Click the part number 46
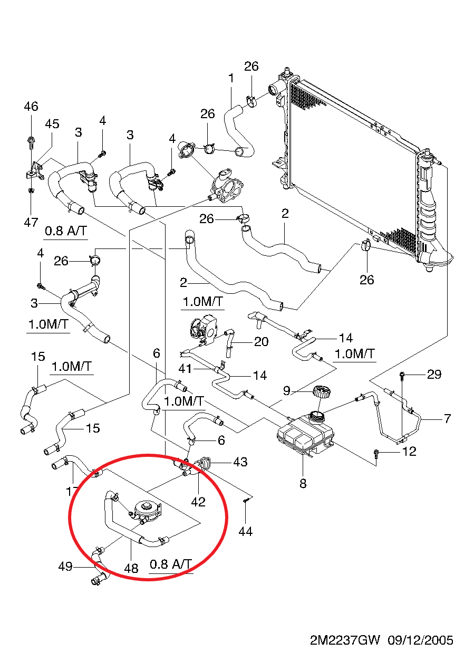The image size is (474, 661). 31,107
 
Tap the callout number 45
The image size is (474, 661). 52,124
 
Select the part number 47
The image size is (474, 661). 31,222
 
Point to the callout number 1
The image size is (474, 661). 231,79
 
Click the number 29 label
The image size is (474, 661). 434,375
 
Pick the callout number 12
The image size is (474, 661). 409,452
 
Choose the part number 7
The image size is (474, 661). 448,419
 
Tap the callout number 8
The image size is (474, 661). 303,483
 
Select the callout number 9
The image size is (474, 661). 287,391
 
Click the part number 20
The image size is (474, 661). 261,342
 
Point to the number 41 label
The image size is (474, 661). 185,369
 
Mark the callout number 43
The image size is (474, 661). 240,462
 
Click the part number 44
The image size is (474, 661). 245,532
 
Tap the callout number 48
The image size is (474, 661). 131,568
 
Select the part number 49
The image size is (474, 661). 65,567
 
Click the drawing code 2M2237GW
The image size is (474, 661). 345,640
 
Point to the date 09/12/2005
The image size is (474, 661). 420,640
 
